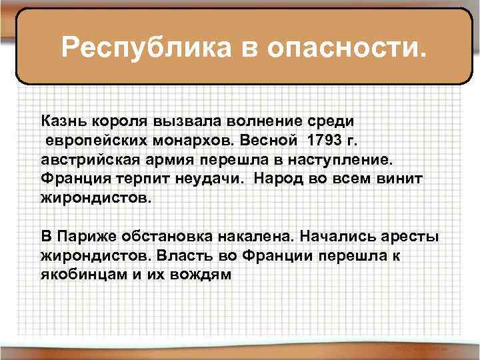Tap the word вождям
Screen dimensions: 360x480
pyautogui.click(x=201, y=275)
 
